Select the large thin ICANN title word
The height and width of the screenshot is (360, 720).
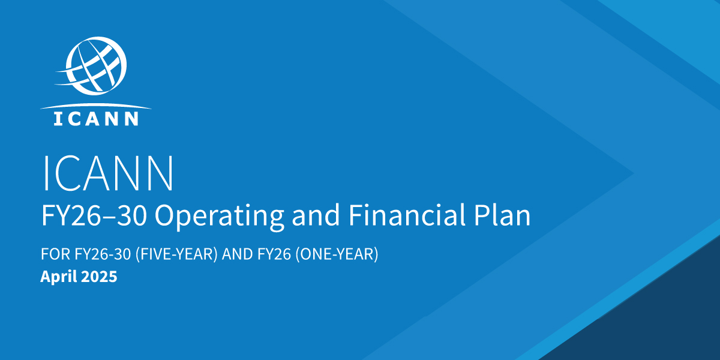108,173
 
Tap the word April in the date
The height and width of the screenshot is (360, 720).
58,277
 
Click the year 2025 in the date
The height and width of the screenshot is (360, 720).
99,277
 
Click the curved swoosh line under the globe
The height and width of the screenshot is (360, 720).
96,106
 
